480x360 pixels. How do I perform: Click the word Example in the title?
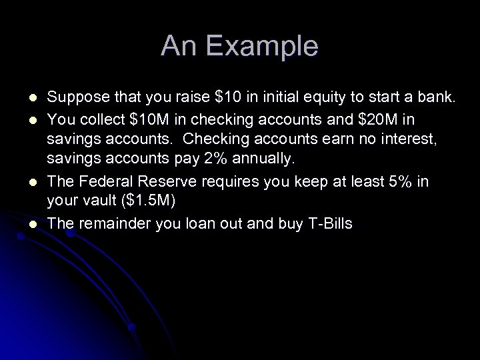pos(263,47)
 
